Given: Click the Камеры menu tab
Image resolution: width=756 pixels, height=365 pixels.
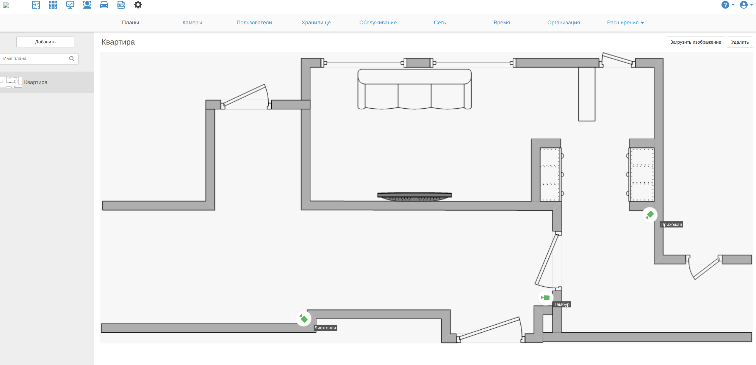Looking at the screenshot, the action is (x=192, y=23).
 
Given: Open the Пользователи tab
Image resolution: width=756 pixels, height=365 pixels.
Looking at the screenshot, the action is (x=254, y=23).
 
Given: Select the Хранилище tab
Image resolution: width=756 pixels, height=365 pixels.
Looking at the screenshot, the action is (x=316, y=23).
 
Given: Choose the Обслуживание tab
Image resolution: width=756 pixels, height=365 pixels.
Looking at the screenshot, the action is (x=378, y=23).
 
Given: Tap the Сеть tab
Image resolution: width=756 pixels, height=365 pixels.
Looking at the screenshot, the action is (x=440, y=23).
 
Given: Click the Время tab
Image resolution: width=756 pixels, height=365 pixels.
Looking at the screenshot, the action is (x=502, y=23).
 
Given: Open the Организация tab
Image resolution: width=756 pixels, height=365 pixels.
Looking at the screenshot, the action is (x=564, y=23).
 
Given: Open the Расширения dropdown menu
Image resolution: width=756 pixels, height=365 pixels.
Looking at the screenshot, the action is (x=625, y=23).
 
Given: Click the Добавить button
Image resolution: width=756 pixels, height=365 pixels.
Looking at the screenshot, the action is (x=45, y=42).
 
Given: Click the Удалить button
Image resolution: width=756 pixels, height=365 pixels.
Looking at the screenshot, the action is (x=740, y=42).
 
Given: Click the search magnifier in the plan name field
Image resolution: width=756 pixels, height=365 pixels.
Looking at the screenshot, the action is (x=72, y=59).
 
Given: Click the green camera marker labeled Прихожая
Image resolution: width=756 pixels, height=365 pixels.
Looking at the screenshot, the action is (x=649, y=215).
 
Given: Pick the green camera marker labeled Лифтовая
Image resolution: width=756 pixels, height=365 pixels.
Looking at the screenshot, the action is (x=304, y=319).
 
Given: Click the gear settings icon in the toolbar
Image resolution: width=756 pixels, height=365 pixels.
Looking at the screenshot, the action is (x=138, y=5).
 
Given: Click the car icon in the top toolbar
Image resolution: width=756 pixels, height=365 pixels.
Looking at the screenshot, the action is (x=104, y=5).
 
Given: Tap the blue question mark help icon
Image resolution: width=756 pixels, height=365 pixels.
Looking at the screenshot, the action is (x=725, y=5).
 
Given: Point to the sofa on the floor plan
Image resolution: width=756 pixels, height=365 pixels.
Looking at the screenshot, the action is (x=414, y=89).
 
